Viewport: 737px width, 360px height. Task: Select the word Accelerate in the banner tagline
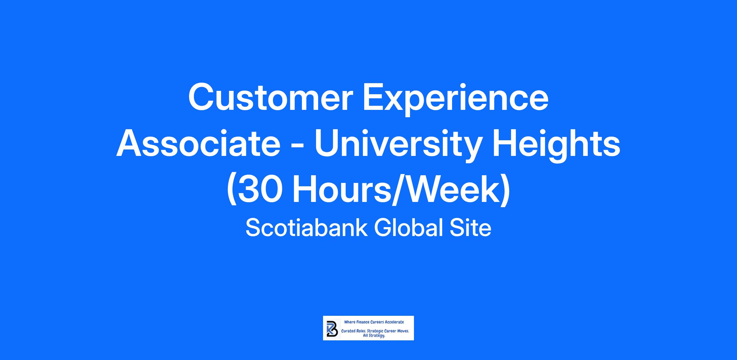tap(394, 322)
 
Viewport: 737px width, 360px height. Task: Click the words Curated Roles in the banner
tap(353, 331)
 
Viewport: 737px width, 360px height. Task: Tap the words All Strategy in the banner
tap(374, 336)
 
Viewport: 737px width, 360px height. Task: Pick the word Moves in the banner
tap(403, 331)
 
